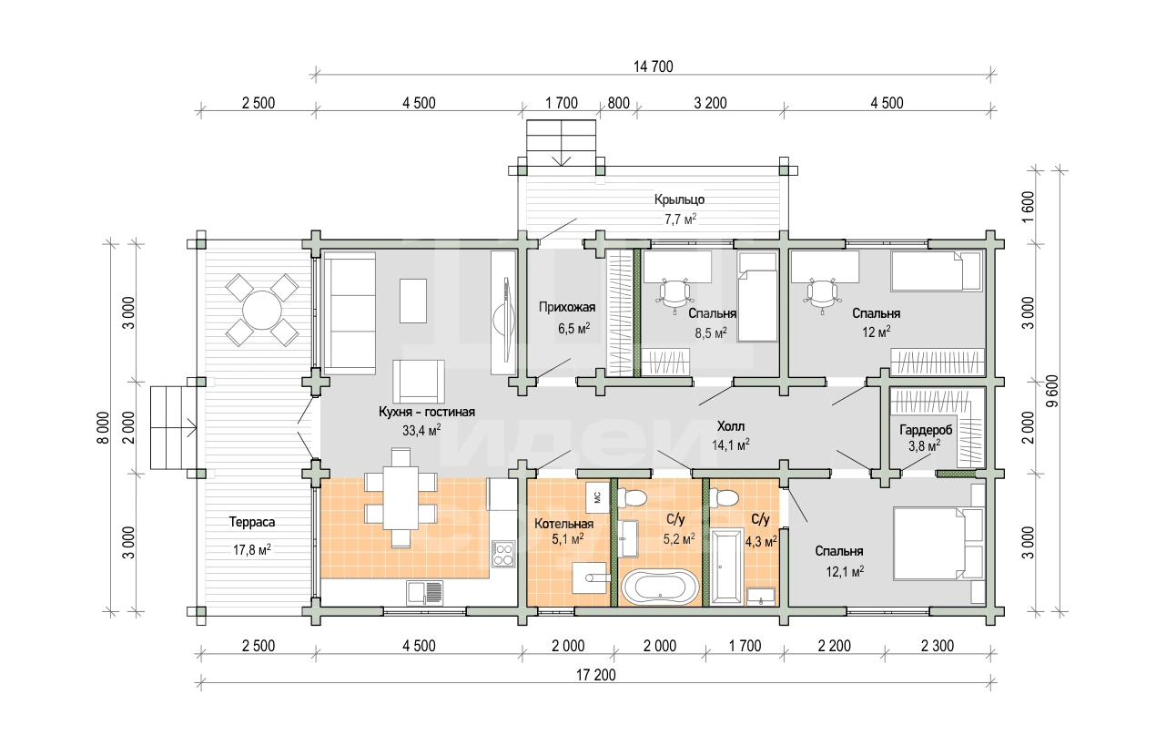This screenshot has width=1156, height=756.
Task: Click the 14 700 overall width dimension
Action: (654, 66)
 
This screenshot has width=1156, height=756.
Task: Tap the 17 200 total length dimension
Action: (596, 675)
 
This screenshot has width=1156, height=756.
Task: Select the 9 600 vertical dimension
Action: (1052, 391)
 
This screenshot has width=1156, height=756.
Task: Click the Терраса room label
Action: (252, 522)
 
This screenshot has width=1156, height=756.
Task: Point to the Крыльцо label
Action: (679, 199)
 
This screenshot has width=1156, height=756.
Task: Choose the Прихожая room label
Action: (567, 307)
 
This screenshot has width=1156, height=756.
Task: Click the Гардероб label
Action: (926, 430)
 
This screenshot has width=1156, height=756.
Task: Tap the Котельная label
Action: (563, 524)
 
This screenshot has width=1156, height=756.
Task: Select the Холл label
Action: (731, 426)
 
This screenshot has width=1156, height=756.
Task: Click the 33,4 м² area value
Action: (421, 430)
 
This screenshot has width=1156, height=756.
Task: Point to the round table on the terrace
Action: (261, 310)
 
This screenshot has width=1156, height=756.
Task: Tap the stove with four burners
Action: (502, 554)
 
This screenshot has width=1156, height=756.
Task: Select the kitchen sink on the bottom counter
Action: (425, 593)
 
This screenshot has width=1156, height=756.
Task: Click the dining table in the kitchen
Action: (400, 498)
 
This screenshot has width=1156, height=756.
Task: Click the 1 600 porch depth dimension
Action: (1028, 207)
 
